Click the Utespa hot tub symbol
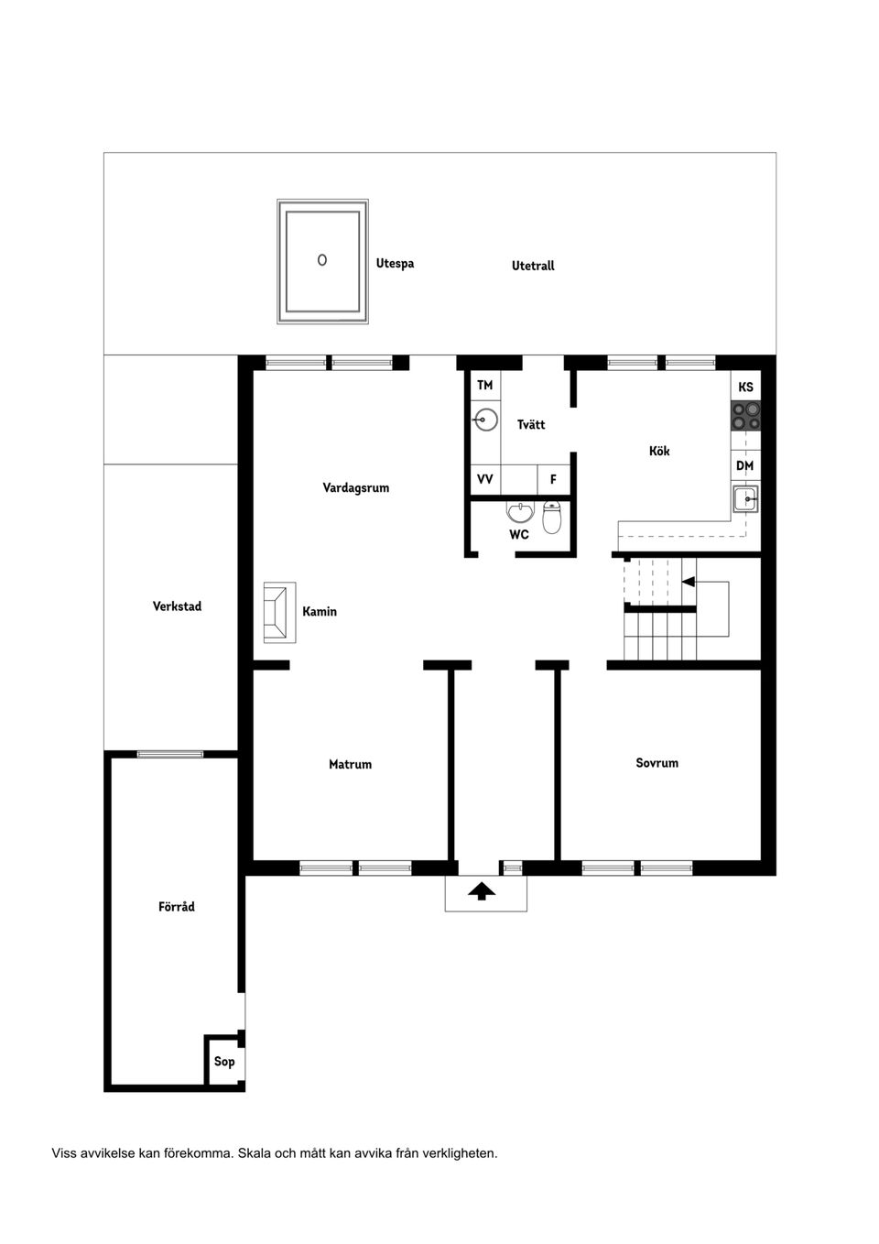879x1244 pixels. [323, 261]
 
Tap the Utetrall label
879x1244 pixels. [533, 266]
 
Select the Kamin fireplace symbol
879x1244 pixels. [279, 612]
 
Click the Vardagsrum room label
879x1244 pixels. [355, 487]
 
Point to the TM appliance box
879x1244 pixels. [485, 386]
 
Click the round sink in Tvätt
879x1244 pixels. [485, 420]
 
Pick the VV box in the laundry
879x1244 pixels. [485, 479]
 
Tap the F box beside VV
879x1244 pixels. [553, 479]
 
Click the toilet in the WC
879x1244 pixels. [551, 518]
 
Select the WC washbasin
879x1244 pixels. [519, 511]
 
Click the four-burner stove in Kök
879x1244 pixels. [745, 416]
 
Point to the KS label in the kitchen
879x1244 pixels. [745, 387]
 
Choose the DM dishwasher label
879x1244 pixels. [745, 465]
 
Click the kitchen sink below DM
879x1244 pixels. [744, 499]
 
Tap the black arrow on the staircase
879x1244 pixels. [689, 582]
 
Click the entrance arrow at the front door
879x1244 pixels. [482, 890]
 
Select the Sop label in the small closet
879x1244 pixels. [224, 1062]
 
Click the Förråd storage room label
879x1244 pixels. [177, 907]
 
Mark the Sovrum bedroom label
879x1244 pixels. [657, 762]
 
